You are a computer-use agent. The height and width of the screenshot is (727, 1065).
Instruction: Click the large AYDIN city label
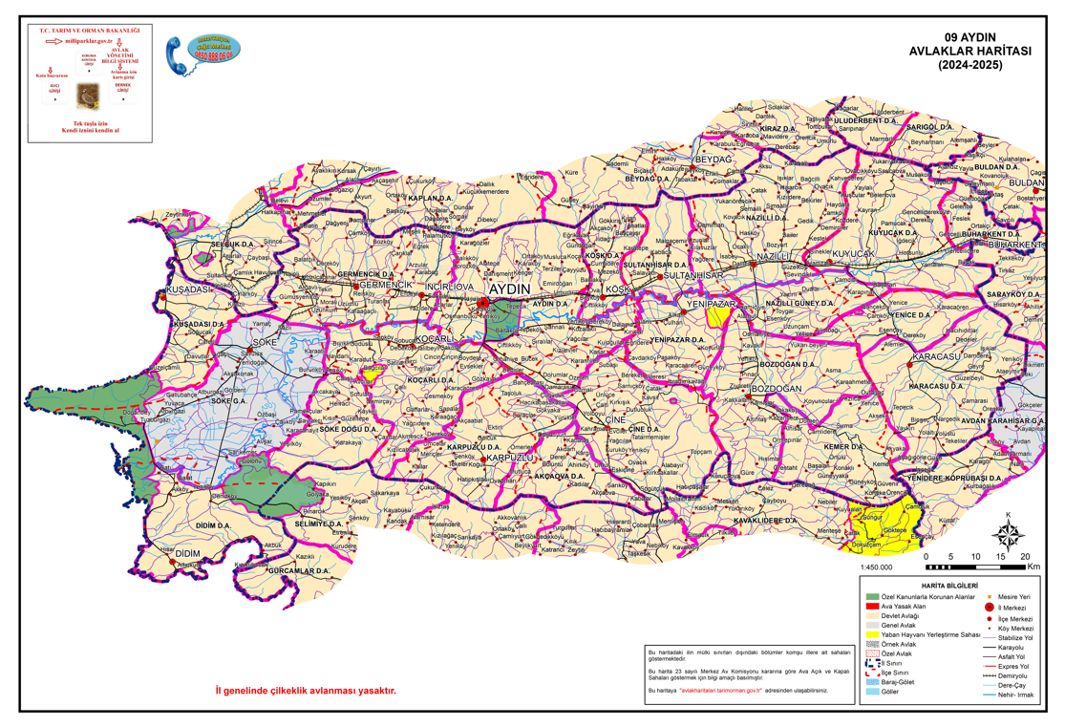pyautogui.click(x=508, y=288)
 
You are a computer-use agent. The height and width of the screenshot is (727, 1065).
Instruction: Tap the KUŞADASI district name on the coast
pyautogui.click(x=188, y=289)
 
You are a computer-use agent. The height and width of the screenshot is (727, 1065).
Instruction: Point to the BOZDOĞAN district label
pyautogui.click(x=776, y=390)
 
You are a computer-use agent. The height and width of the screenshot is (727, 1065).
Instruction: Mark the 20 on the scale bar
pyautogui.click(x=1025, y=556)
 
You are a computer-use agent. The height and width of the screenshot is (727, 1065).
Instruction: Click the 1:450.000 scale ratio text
pyautogui.click(x=876, y=567)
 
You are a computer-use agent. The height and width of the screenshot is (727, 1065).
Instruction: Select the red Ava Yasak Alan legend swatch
pyautogui.click(x=872, y=606)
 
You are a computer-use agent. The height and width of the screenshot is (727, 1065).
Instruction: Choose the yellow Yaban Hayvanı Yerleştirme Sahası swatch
pyautogui.click(x=872, y=634)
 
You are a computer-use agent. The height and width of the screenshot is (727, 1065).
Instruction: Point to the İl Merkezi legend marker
pyautogui.click(x=988, y=606)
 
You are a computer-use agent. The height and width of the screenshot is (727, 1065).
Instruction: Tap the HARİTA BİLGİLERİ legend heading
pyautogui.click(x=948, y=584)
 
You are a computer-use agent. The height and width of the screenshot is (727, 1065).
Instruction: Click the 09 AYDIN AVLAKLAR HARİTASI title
pyautogui.click(x=983, y=53)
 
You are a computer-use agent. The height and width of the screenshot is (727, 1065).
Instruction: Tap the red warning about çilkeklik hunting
pyautogui.click(x=305, y=691)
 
